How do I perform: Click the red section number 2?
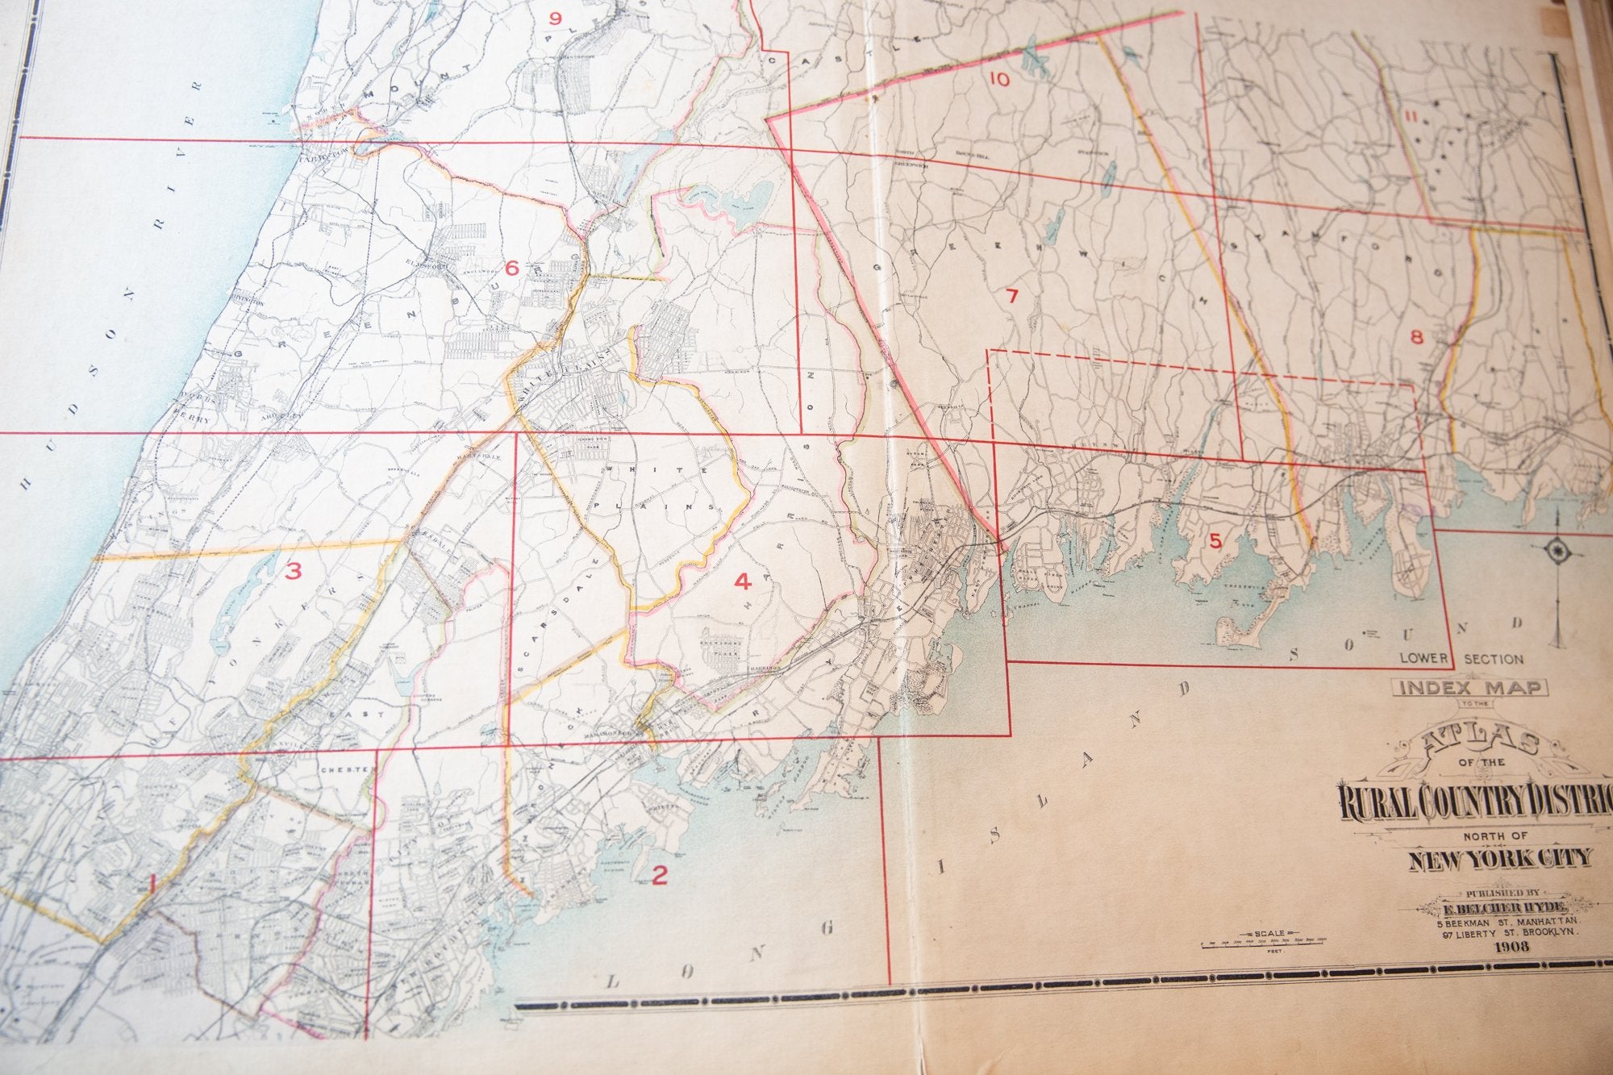click(660, 875)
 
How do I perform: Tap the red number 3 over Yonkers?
click(294, 572)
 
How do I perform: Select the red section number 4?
click(742, 581)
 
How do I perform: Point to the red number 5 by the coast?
click(1215, 541)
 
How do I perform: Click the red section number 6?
click(511, 269)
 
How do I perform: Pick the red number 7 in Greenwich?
click(1012, 296)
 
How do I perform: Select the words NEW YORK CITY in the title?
click(1500, 858)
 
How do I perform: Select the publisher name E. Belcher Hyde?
click(1510, 906)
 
